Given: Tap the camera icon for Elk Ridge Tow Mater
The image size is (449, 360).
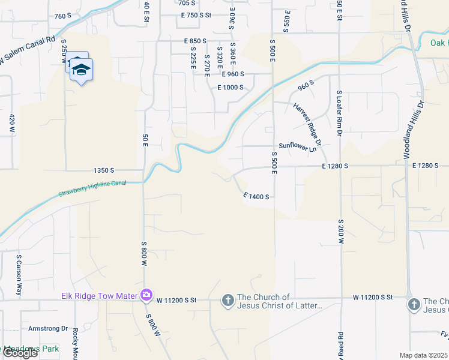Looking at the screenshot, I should tap(146, 295).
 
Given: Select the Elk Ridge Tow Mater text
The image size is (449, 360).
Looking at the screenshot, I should tap(100, 295).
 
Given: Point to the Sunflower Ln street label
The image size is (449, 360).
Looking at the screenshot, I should tap(297, 146).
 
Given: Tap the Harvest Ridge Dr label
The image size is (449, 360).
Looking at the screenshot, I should tap(308, 124).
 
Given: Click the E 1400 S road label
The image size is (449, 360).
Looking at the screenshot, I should tap(259, 196).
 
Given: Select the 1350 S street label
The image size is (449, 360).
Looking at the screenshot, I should tap(104, 170).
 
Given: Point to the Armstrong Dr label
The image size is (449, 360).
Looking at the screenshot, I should tap(49, 328).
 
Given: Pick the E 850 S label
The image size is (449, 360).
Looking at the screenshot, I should tap(196, 41).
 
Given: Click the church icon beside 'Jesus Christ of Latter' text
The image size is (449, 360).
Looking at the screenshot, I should tap(228, 299).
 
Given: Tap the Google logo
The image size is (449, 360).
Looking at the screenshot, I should tap(20, 353).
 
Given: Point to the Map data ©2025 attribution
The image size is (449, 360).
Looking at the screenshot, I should tap(423, 355).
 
